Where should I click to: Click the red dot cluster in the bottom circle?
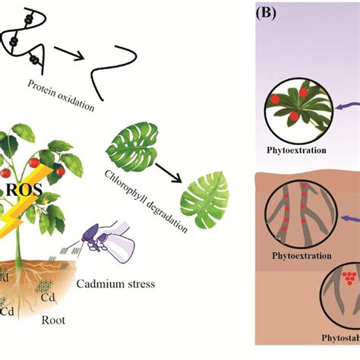[x=350, y=279]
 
